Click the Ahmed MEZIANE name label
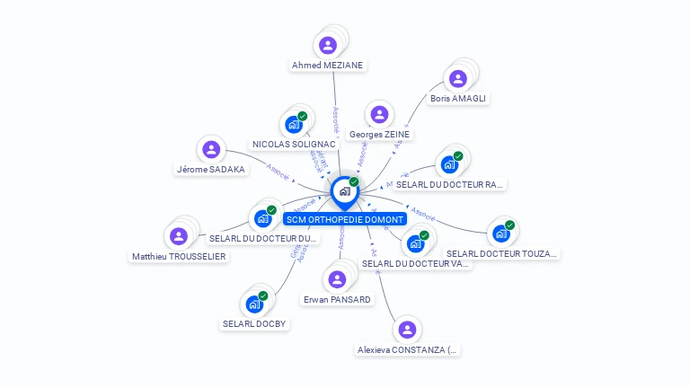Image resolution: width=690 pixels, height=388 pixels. pos(328,65)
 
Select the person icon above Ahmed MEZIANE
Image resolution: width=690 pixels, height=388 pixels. pos(328,44)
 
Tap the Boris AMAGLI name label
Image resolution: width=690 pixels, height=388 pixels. pos(458,98)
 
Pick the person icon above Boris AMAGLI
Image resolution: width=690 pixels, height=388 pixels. pos(458,78)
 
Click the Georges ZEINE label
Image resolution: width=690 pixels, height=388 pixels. pos(379,135)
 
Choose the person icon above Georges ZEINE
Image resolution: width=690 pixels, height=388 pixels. pos(379,114)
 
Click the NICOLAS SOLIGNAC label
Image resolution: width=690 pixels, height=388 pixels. pos(294,144)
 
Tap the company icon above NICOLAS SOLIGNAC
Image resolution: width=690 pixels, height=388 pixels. pos(293,124)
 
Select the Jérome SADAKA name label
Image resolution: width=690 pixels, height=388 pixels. pos(211,169)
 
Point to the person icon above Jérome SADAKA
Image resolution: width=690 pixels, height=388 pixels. pos(211,149)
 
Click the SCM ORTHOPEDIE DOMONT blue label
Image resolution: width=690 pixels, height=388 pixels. pos(344,218)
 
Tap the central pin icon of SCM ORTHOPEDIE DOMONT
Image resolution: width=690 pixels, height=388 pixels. pos(344,191)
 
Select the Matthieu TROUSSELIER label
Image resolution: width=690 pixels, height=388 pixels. pos(179,256)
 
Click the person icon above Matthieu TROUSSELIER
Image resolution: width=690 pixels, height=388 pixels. pos(179,235)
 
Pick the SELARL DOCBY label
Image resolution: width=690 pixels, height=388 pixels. pos(254,323)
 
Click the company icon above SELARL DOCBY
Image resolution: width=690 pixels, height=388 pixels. pos(254,304)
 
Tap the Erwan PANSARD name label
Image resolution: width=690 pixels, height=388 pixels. pos(337,299)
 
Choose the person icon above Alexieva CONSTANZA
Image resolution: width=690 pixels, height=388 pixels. pos(408,329)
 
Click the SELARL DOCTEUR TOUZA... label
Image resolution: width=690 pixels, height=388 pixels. pos(502,253)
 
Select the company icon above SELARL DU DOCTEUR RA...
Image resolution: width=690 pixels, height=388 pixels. pos(448,164)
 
